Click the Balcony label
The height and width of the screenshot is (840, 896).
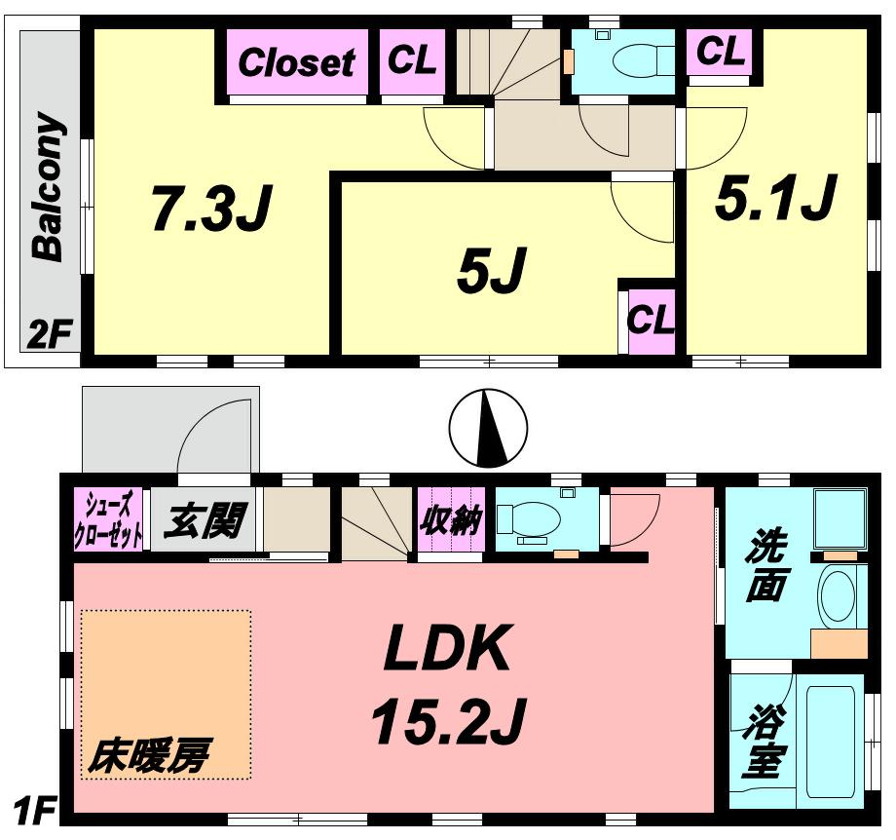[x=49, y=187]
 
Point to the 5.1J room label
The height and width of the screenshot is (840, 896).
[x=775, y=198]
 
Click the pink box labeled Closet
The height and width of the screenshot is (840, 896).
[x=296, y=63]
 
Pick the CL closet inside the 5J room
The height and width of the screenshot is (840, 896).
[x=650, y=321]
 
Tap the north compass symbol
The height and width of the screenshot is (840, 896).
[x=488, y=428]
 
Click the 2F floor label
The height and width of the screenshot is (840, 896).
[x=50, y=336]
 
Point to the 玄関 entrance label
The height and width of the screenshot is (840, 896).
[x=202, y=521]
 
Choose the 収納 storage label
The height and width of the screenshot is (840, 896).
[x=450, y=522]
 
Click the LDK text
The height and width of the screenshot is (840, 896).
[x=447, y=649]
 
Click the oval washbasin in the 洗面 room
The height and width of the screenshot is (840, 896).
[x=837, y=594]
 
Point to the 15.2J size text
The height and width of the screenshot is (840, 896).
[x=447, y=721]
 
